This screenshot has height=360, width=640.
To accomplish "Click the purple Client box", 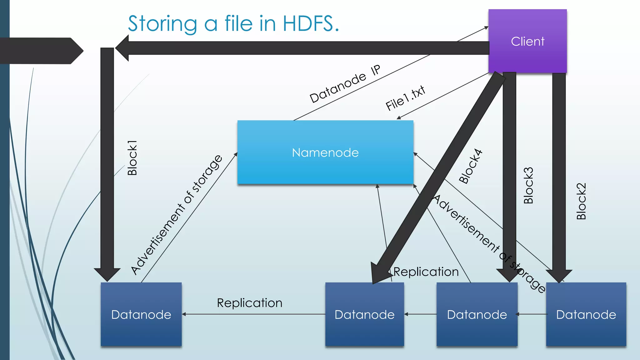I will [527, 41].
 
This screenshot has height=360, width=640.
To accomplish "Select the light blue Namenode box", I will [325, 152].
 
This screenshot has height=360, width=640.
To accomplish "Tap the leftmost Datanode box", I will [141, 314].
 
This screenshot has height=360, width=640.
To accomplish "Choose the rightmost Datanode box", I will [586, 314].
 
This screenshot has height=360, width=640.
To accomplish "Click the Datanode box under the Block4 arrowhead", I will [364, 314].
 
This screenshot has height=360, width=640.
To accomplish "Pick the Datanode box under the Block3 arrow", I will [477, 314].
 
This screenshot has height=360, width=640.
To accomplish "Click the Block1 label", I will [132, 158].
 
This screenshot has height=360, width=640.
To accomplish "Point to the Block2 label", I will [581, 201].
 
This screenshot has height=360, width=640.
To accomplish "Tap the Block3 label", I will [528, 186].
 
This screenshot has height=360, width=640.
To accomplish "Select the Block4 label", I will [471, 166].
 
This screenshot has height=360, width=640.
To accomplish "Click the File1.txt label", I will [405, 98].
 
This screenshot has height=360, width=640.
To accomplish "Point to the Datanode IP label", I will [345, 84].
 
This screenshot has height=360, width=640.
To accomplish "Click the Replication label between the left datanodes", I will [249, 303].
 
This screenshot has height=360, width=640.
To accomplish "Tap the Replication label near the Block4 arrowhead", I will [426, 272].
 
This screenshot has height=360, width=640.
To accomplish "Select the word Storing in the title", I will [162, 23].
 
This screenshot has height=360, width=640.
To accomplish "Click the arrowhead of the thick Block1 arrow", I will [107, 274].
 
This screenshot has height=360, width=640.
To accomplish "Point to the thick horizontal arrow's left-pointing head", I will [123, 48].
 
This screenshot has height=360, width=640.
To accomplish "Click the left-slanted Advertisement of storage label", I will [177, 215].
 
